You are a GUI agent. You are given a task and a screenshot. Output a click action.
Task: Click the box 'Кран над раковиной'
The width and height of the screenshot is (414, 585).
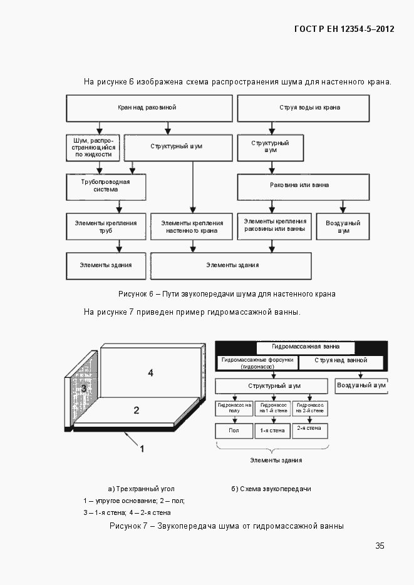pos(148,108)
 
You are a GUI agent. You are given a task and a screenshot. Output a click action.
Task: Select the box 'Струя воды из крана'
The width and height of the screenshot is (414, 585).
pos(309,108)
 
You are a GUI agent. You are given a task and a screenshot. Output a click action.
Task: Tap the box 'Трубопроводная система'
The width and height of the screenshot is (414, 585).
pos(106,185)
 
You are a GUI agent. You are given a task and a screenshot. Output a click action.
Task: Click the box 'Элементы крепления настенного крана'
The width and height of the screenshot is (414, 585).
pos(192,226)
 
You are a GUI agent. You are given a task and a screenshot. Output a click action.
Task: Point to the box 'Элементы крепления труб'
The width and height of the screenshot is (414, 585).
pos(106,226)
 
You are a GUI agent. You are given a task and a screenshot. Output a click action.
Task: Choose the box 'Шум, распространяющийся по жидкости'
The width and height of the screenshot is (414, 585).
pos(93,148)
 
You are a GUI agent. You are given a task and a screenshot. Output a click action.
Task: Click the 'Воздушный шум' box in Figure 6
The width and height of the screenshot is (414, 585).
pos(343,226)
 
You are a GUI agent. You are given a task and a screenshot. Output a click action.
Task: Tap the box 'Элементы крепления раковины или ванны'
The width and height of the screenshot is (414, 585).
pos(275,226)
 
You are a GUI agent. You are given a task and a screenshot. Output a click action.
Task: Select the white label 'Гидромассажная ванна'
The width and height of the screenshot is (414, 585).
pos(306,347)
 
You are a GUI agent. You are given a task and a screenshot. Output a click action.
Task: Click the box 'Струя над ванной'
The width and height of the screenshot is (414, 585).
pos(342,362)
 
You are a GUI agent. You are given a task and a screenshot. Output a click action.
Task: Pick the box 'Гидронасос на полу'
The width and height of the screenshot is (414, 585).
pos(234,407)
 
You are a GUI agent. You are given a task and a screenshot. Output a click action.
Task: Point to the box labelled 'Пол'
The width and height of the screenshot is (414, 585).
pos(234,430)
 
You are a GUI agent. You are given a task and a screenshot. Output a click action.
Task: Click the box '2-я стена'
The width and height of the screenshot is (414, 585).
pos(309,430)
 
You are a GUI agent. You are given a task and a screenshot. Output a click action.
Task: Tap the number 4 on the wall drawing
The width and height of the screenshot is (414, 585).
pos(150,374)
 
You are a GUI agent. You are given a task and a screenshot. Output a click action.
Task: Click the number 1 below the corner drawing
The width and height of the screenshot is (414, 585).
pos(142,449)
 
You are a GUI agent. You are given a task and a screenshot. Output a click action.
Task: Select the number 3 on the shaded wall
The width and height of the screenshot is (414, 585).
pos(83,389)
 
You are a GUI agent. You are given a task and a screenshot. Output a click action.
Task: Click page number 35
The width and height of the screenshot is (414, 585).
pos(380,546)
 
